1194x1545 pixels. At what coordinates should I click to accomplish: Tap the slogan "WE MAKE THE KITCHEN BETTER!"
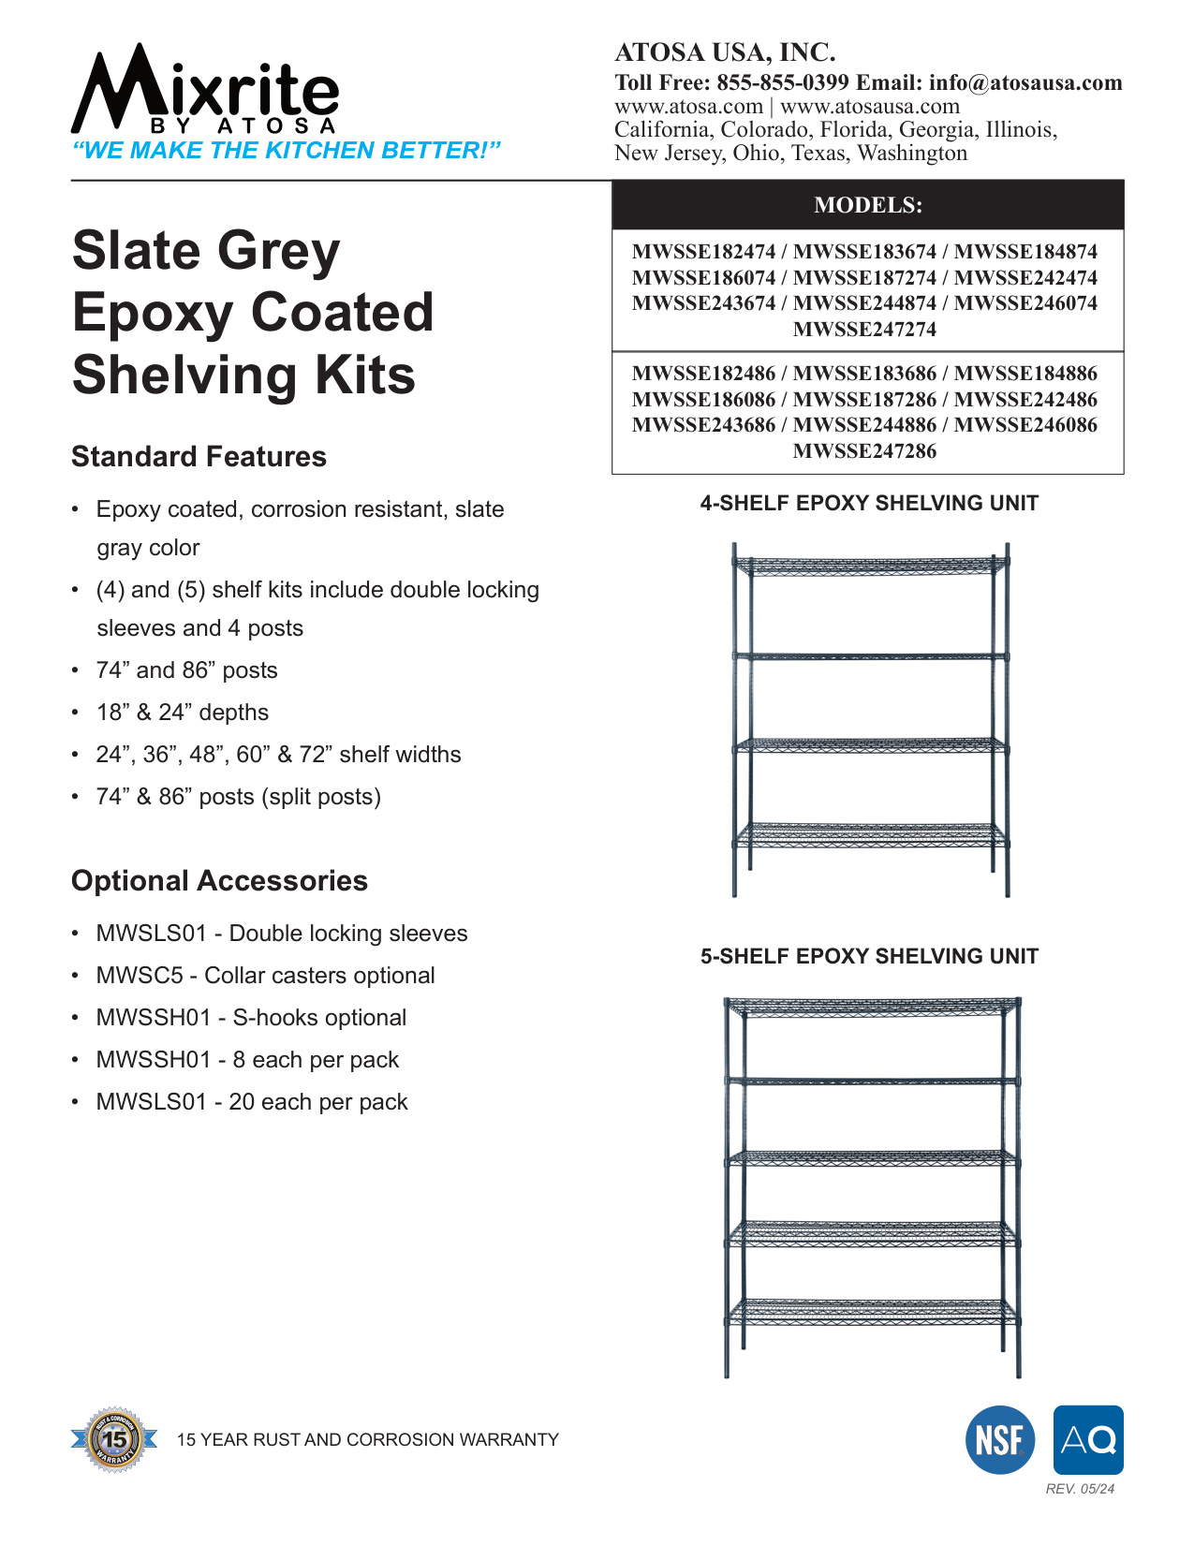(287, 151)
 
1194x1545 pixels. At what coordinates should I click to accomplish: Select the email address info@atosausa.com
(1025, 82)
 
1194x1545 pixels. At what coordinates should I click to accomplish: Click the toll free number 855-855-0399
(782, 82)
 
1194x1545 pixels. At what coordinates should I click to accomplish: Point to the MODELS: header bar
(867, 205)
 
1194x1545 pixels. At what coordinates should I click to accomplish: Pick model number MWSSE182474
(703, 252)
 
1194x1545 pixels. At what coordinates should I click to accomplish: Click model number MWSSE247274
(864, 330)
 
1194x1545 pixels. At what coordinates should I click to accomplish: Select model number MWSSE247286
(864, 451)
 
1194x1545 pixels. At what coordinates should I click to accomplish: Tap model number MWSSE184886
(1025, 374)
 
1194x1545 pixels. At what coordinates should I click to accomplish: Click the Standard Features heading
(199, 457)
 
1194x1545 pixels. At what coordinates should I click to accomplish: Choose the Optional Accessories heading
(219, 881)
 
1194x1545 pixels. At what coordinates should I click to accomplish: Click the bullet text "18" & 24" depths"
(182, 713)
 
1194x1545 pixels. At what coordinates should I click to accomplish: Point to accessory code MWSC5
(140, 976)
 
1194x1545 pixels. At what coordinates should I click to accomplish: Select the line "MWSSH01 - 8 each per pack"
(247, 1060)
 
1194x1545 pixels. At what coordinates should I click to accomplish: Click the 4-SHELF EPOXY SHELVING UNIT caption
(869, 504)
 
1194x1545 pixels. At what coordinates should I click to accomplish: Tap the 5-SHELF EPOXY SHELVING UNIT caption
(869, 957)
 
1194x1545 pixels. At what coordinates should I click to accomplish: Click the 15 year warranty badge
(115, 1439)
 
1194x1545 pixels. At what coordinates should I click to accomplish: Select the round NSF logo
(1000, 1440)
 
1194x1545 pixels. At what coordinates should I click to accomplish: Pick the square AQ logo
(1088, 1440)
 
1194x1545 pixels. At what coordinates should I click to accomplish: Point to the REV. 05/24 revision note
(1080, 1489)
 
